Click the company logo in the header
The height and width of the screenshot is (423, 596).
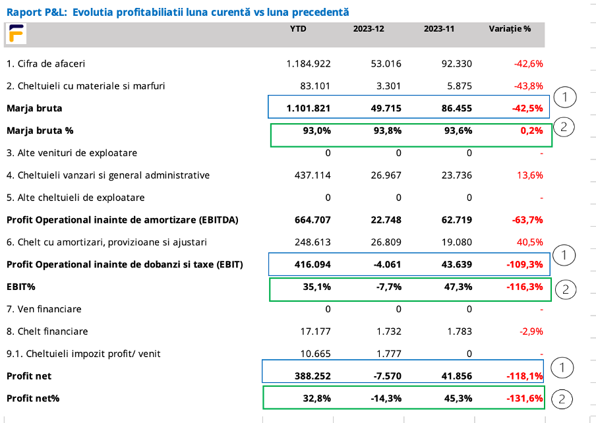pyautogui.click(x=16, y=34)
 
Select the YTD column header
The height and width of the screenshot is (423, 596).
pyautogui.click(x=298, y=29)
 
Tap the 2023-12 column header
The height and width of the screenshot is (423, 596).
pyautogui.click(x=368, y=29)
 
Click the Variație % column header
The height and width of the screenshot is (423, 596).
pyautogui.click(x=510, y=29)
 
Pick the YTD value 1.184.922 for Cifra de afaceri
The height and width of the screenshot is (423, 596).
pyautogui.click(x=309, y=64)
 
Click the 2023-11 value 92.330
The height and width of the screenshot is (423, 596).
pyautogui.click(x=454, y=64)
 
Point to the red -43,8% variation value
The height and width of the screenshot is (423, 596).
pyautogui.click(x=528, y=86)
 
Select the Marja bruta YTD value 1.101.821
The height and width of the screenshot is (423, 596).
pyautogui.click(x=309, y=108)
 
